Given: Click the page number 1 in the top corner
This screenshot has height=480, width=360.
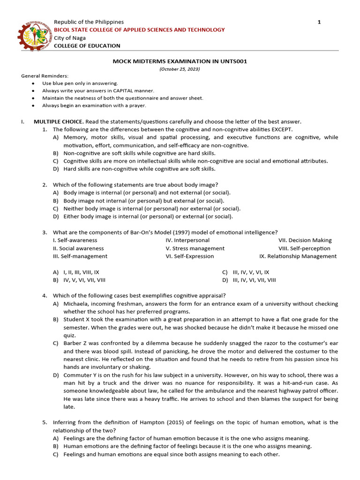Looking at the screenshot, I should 319,22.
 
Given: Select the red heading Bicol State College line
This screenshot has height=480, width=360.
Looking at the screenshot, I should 140,30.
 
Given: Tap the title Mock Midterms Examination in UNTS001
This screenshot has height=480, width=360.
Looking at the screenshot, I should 180,61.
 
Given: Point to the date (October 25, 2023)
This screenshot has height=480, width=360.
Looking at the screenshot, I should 180,69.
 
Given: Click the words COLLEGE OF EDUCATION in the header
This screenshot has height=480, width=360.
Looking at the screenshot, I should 87,45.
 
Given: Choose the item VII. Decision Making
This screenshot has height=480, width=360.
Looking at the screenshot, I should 305,240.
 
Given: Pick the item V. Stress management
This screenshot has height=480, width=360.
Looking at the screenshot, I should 195,248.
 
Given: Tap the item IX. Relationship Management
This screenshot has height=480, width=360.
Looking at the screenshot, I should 298,256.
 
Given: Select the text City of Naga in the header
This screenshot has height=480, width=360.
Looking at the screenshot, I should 70,37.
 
